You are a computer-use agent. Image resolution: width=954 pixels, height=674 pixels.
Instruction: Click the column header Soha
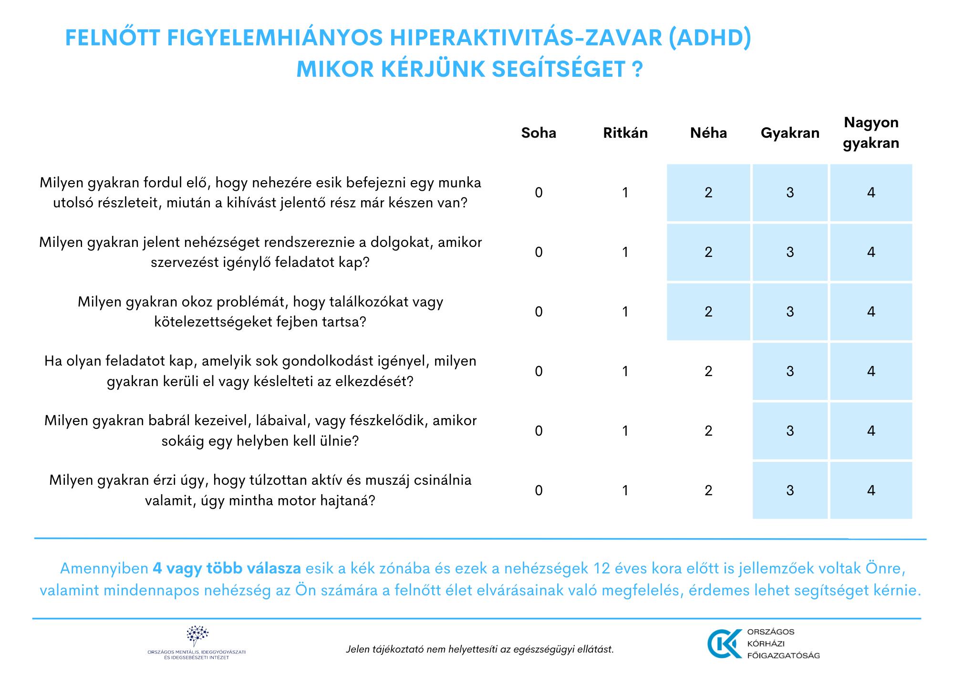[x=539, y=133]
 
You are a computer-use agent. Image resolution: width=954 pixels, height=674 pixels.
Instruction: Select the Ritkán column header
[x=625, y=133]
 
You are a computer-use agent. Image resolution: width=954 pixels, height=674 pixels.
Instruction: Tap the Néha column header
[x=708, y=133]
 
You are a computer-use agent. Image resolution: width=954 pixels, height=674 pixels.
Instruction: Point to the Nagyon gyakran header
[x=871, y=133]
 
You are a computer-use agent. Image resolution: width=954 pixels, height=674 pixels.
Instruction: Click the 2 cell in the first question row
[x=708, y=193]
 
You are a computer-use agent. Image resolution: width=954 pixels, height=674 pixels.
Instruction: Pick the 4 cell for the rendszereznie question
[x=871, y=252]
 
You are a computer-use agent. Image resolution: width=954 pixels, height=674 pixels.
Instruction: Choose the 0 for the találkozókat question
[x=539, y=312]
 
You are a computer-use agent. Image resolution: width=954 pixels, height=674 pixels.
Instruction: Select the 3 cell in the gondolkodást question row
[x=790, y=371]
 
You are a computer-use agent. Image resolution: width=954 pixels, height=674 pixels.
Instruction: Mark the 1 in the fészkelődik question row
[x=625, y=431]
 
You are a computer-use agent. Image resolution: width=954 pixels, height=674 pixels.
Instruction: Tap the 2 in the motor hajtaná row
[x=708, y=490]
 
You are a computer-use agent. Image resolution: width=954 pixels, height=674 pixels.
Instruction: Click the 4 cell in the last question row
[x=871, y=490]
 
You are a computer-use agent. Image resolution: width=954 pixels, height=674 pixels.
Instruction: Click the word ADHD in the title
[x=710, y=38]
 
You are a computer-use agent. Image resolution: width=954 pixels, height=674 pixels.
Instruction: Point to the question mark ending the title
[x=638, y=70]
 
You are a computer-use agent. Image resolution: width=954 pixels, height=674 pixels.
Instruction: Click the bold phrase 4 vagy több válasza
[x=227, y=568]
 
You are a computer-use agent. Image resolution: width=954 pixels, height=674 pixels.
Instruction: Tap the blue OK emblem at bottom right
[x=724, y=643]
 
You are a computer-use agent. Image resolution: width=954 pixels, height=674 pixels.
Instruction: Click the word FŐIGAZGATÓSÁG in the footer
[x=783, y=655]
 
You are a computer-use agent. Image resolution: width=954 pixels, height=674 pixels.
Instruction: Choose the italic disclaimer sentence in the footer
[x=479, y=649]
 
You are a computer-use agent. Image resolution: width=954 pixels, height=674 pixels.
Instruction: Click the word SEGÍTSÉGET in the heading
[x=558, y=70]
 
